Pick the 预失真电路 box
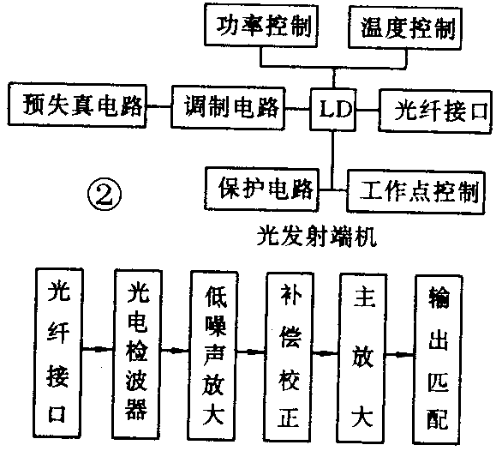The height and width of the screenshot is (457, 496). point(74,105)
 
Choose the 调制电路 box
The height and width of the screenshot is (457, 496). point(230,106)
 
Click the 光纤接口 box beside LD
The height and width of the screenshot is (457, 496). point(434,109)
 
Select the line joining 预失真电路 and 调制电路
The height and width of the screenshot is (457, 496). point(158,106)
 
